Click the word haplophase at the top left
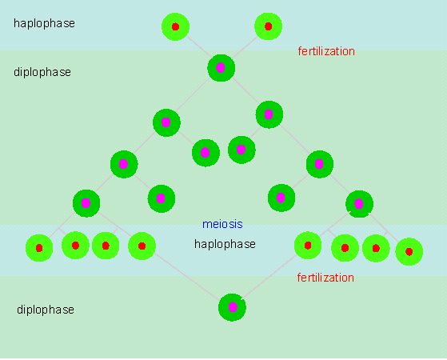(x=44, y=23)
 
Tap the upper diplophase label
(x=42, y=72)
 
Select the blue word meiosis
(x=222, y=224)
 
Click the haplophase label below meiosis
(x=225, y=244)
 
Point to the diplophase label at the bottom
(x=46, y=310)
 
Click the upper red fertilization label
(x=326, y=51)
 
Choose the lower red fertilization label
(x=325, y=278)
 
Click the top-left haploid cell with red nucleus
(x=175, y=26)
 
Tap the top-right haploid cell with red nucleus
(x=268, y=26)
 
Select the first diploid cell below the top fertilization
(x=221, y=68)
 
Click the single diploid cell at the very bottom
(x=232, y=307)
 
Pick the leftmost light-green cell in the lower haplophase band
(x=39, y=248)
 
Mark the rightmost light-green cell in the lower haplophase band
(x=409, y=252)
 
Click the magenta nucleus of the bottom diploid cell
(x=233, y=307)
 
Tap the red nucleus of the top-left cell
(x=175, y=27)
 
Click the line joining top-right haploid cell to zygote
(x=245, y=46)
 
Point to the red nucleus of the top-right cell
(x=268, y=26)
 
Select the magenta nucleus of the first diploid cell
(x=221, y=68)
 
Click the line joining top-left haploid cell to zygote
(x=198, y=46)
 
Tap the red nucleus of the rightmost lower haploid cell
(x=409, y=252)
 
